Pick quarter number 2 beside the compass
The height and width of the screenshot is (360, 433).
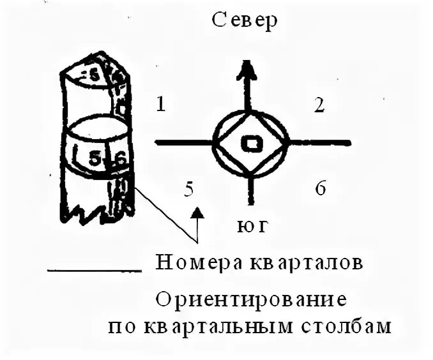click(x=319, y=105)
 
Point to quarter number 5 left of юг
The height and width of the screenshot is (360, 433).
click(x=188, y=188)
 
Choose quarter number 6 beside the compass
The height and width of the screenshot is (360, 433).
click(x=321, y=188)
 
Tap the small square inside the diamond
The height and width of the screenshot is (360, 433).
click(x=250, y=143)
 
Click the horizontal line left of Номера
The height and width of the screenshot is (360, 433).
click(x=94, y=270)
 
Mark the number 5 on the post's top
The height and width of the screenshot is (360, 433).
click(x=93, y=75)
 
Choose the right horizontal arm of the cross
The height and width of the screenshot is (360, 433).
click(x=319, y=142)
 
